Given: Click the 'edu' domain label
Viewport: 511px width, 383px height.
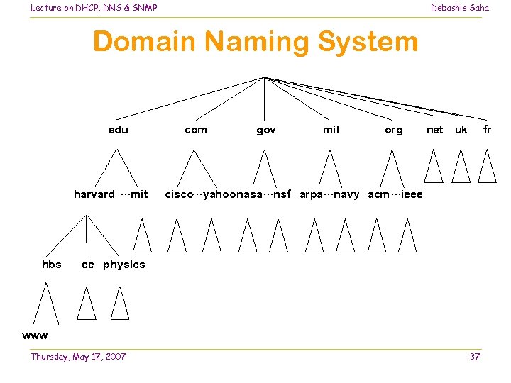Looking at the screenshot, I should [119, 130].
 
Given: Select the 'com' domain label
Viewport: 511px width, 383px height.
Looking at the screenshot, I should [196, 130].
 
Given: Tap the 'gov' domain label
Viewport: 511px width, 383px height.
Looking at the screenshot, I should [266, 130].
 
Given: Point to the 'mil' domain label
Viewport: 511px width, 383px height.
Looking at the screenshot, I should [331, 130].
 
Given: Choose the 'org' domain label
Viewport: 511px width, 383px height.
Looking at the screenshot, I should [393, 130].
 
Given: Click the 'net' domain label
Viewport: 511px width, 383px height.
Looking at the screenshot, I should [434, 130].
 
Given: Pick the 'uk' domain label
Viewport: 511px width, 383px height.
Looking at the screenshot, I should [461, 130].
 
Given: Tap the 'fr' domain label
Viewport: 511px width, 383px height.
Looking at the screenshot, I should [487, 130].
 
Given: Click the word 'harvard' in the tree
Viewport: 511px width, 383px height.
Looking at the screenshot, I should [94, 194].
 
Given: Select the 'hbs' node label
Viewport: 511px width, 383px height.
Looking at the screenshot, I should [52, 265].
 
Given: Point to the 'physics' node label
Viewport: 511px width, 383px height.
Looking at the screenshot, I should [123, 265].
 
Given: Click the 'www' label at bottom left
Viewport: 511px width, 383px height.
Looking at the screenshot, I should [35, 335].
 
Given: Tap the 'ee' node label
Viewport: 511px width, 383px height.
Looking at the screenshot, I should [88, 265].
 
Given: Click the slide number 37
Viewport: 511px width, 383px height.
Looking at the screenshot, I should [475, 356].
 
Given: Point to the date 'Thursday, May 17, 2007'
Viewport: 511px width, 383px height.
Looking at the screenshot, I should [78, 356].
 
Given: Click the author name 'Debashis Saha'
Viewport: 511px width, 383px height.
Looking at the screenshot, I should [460, 8].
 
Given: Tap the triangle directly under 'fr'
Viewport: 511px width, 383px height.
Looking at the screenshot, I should [487, 167].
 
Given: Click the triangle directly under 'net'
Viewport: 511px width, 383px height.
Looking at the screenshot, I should [434, 167].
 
